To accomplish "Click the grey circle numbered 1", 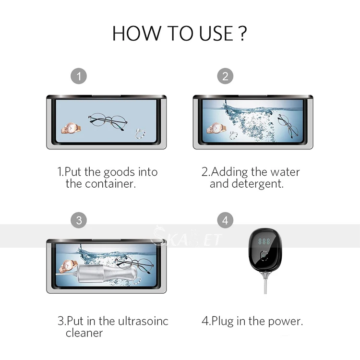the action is pos(79,76).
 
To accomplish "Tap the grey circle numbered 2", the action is pos(225,76).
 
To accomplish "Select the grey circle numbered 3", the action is pos(79,220).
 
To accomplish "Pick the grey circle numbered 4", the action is pos(225,220).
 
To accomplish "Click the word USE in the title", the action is pos(216,34).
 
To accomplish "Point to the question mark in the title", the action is pos(243,34).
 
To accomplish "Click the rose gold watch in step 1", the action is pos(71,128).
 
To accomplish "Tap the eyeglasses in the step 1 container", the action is pos(108,121).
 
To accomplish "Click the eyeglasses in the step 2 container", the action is pos(288,126).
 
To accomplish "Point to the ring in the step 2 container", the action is pos(234,135).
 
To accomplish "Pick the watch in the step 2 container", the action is pos(216,128).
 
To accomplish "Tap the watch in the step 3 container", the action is pos(68,266).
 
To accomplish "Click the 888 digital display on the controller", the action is pos(264,241).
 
